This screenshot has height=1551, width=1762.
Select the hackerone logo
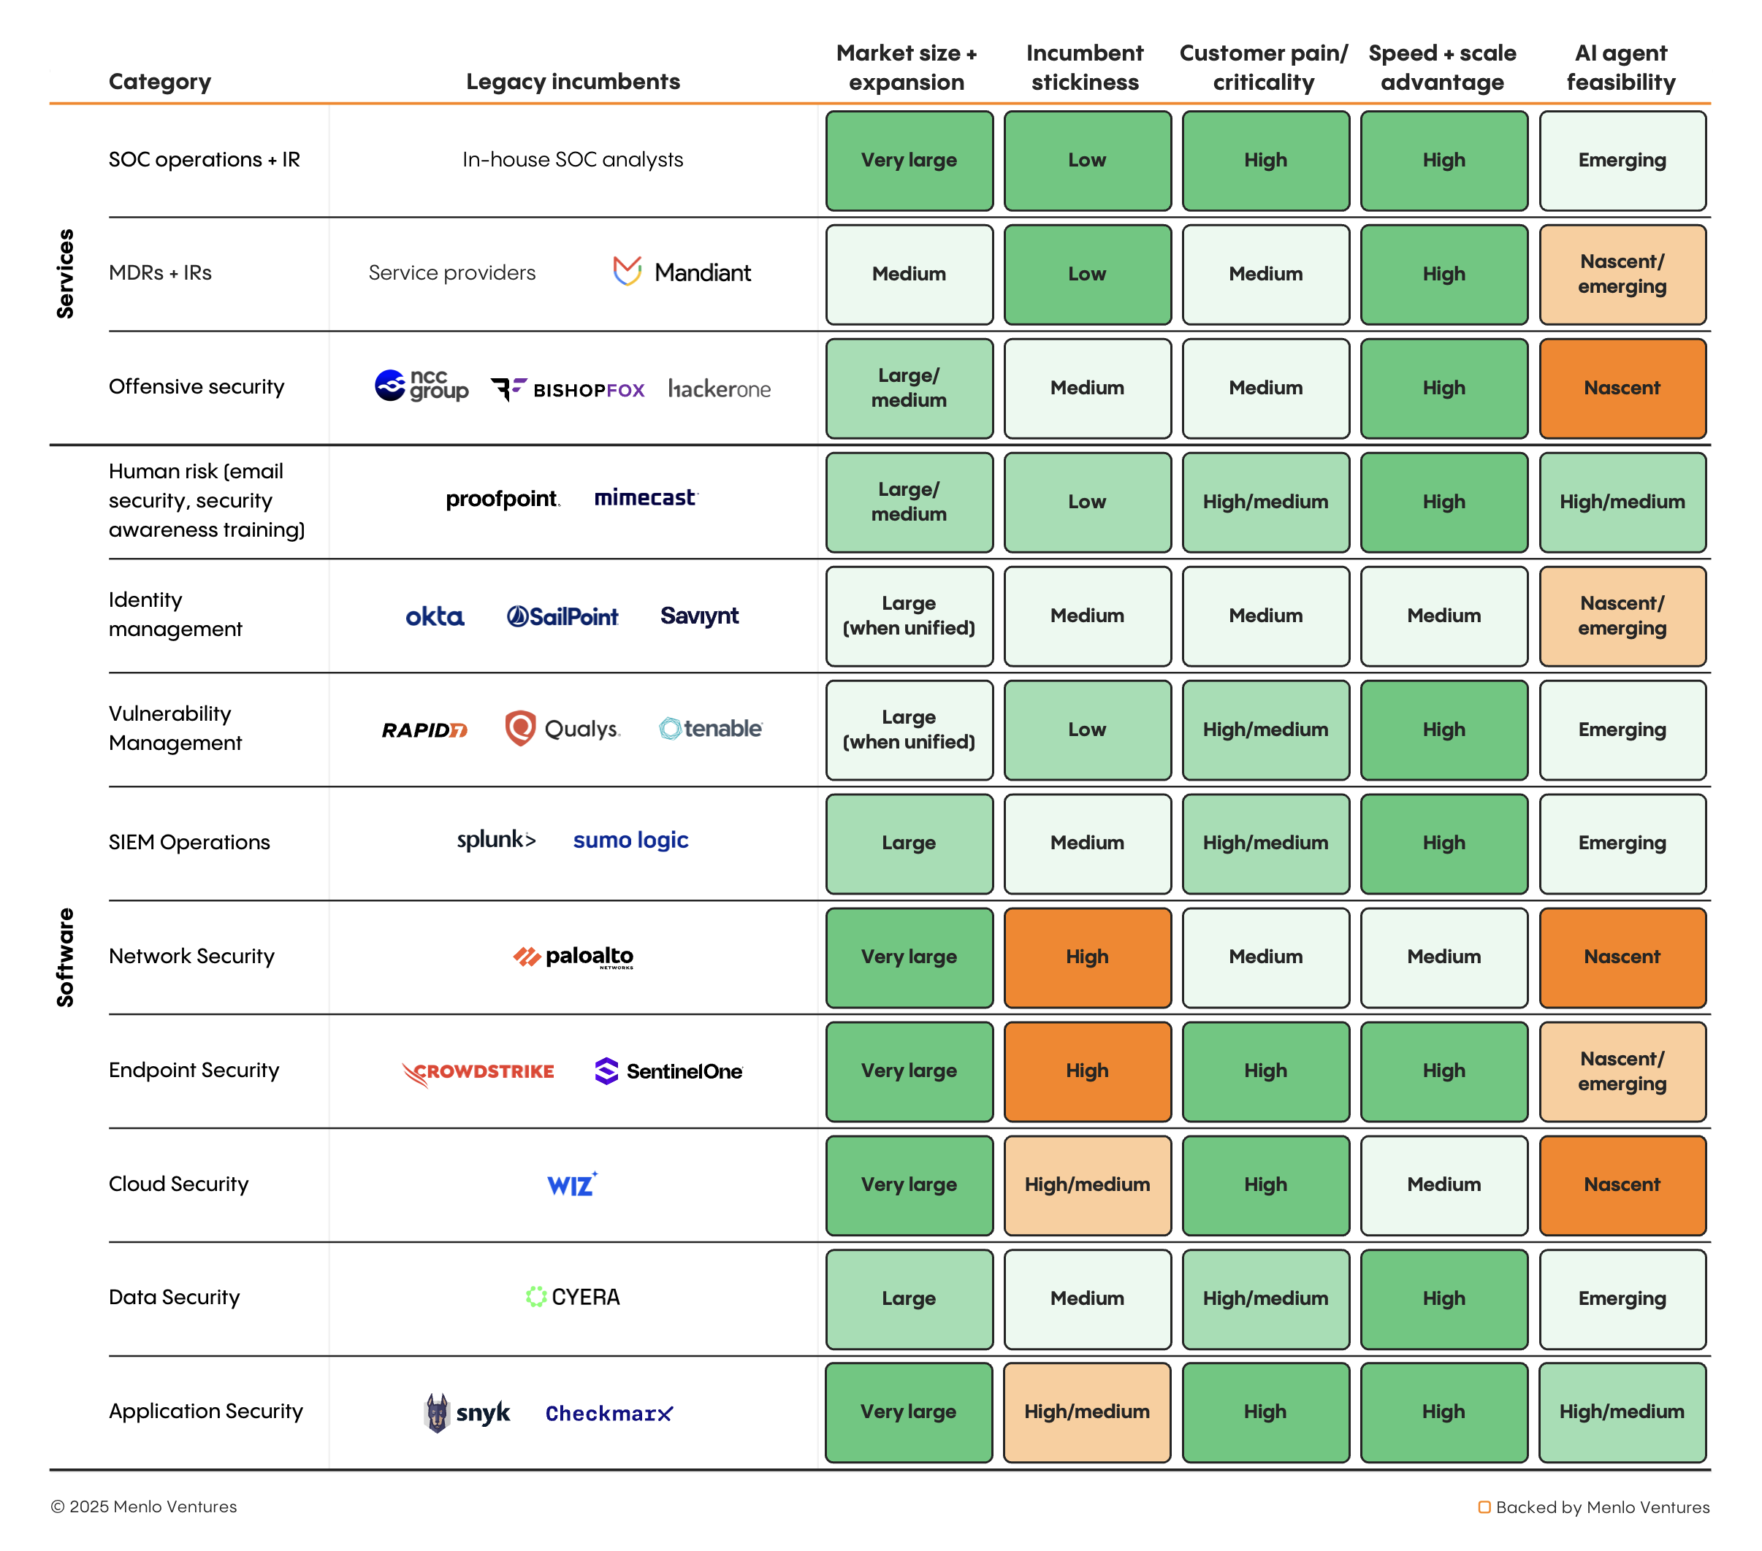coord(719,388)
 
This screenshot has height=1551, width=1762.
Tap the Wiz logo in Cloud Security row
coord(571,1184)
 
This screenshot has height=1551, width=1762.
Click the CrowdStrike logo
coord(478,1071)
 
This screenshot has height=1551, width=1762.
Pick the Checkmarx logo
coord(609,1413)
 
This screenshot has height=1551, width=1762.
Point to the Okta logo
coord(435,616)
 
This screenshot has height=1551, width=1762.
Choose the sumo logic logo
coord(630,840)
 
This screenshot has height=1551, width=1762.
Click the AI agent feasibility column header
coord(1620,67)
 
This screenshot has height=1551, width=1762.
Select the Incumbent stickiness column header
coord(1084,67)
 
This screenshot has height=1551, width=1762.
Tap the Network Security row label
coord(191,956)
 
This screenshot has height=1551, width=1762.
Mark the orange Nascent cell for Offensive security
coord(1622,388)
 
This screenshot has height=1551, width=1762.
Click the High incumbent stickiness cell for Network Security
coord(1087,957)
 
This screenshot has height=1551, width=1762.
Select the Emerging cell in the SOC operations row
coord(1622,160)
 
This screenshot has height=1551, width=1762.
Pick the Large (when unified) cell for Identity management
coord(909,616)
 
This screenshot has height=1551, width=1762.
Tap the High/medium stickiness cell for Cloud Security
coord(1087,1184)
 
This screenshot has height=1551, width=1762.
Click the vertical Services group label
coord(65,273)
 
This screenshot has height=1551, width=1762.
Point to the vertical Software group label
coord(65,957)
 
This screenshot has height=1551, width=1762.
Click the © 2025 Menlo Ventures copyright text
coord(143,1506)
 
